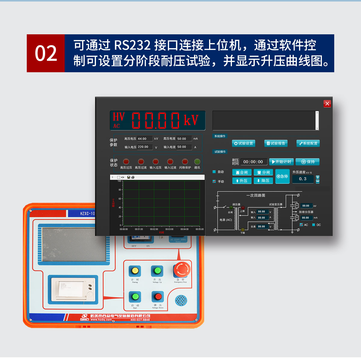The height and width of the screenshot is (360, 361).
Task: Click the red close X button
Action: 327,104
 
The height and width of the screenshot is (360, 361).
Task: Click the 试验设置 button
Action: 244,143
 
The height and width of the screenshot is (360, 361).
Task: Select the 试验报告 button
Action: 276,143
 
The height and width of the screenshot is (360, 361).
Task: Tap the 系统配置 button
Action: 308,143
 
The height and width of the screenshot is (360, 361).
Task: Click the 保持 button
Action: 307,162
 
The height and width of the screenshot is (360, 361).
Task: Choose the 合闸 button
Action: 242,172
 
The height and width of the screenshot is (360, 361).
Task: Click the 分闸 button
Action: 263,172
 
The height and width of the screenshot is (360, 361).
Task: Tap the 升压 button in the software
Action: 242,181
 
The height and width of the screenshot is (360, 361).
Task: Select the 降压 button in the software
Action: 263,181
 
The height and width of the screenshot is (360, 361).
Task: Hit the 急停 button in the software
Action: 282,176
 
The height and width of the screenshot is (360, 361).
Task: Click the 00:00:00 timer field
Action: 253,162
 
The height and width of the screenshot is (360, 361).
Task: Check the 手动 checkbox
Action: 214,182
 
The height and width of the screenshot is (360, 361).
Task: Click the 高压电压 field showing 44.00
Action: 145,139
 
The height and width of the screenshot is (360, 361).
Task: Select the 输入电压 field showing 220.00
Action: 145,147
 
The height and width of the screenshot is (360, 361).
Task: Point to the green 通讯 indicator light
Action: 197,162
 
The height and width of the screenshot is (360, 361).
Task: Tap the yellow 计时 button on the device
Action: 135,271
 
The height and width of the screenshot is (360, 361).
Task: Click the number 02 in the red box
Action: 46,54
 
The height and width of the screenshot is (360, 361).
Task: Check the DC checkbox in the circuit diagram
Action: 314,225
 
